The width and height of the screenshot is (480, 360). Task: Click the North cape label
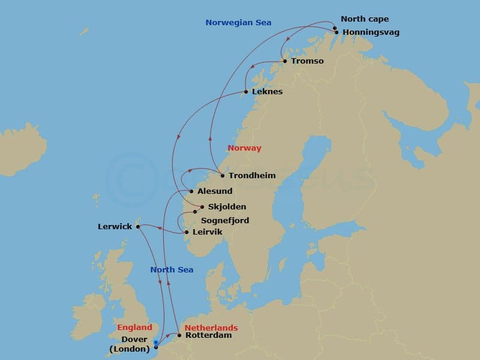click(x=364, y=19)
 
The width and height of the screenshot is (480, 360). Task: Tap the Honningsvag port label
click(x=370, y=32)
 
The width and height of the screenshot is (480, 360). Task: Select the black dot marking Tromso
click(x=284, y=61)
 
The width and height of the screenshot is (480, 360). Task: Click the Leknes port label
click(x=267, y=92)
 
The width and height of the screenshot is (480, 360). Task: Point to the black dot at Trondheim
click(x=223, y=176)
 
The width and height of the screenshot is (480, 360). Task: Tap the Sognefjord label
click(x=225, y=221)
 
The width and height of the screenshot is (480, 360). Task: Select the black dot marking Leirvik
click(x=187, y=232)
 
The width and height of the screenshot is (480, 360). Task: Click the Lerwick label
click(x=115, y=227)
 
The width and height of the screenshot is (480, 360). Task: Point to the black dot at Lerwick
click(x=137, y=227)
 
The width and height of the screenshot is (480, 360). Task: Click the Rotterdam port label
click(x=208, y=335)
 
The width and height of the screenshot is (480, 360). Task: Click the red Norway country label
click(x=244, y=148)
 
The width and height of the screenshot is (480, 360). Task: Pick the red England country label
click(x=134, y=328)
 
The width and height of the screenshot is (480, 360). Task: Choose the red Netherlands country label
click(x=211, y=328)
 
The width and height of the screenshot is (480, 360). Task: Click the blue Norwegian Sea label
click(x=238, y=23)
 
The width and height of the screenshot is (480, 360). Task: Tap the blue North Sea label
click(x=172, y=270)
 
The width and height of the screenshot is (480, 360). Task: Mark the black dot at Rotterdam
click(x=179, y=335)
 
